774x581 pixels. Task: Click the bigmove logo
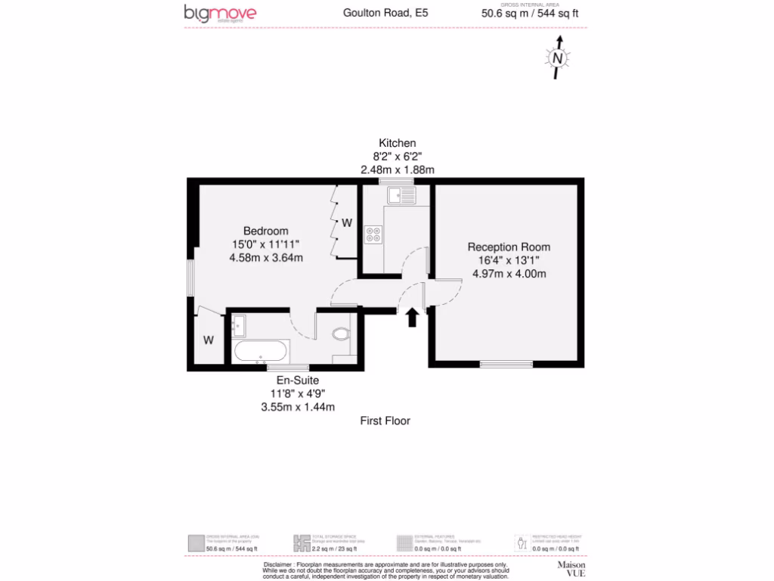point(220,14)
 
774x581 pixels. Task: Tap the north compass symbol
point(558,58)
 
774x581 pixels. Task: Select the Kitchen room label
point(398,143)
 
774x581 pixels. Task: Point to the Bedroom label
point(265,231)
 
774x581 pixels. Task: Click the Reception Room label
point(509,247)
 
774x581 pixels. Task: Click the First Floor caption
point(385,421)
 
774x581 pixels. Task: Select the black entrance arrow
point(412,317)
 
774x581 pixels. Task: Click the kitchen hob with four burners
point(373,235)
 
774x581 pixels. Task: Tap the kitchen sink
point(401,196)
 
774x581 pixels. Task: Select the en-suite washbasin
point(240,325)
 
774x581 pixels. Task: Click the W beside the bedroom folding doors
point(346,223)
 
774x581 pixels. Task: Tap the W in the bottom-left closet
point(208,340)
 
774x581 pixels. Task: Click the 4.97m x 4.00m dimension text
point(509,274)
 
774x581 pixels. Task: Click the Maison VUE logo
point(571,569)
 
